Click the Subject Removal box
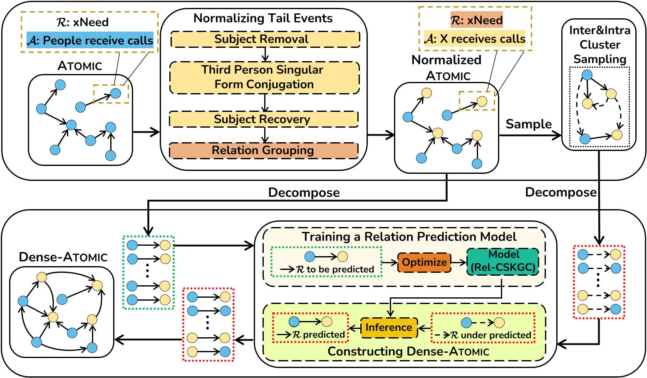click(265, 39)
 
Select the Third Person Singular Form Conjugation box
click(264, 77)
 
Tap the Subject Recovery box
click(264, 119)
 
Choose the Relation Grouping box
click(263, 150)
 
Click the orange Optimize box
click(424, 262)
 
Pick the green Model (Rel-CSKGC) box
click(503, 262)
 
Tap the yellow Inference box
click(389, 328)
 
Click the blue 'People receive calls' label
click(90, 41)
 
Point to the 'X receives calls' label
click(475, 39)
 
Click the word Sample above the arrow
click(528, 124)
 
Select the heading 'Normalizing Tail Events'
click(263, 18)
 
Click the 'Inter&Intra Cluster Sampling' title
click(600, 44)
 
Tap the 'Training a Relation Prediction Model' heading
click(409, 237)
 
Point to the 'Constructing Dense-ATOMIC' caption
click(408, 351)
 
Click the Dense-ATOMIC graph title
click(63, 257)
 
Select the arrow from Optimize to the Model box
click(459, 262)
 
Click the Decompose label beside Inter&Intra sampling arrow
click(560, 192)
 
